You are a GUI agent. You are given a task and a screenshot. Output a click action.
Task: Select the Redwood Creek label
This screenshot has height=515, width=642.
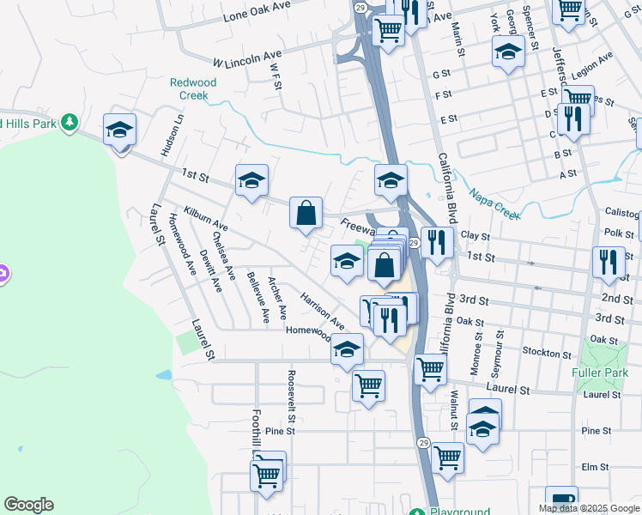(x=193, y=89)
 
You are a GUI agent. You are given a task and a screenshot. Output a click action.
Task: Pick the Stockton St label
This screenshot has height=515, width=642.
(x=547, y=354)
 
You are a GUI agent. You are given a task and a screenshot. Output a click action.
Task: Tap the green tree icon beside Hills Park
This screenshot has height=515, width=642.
(x=68, y=124)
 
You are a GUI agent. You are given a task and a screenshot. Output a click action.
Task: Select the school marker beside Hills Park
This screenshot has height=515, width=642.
(x=119, y=131)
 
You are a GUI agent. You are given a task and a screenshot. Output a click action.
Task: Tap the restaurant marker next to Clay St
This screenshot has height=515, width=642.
(x=437, y=243)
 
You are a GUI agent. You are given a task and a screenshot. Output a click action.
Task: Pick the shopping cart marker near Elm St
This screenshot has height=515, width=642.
(x=448, y=458)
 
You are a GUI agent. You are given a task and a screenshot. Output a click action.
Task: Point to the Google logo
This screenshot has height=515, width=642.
(x=28, y=505)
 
